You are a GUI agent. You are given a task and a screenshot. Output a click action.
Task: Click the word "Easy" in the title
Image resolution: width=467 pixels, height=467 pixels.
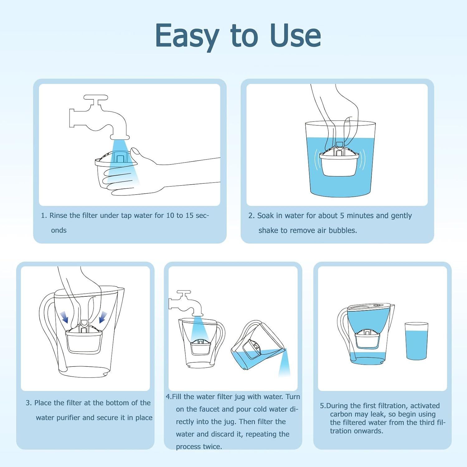coord(187,37)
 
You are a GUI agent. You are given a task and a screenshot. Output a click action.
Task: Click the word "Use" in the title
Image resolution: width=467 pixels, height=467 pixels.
coord(295,36)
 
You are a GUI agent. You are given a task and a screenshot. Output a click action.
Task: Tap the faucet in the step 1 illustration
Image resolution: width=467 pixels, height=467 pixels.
coord(100,118)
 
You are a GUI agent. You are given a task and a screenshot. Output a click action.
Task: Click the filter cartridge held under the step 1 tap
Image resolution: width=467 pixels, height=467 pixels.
coord(115,170)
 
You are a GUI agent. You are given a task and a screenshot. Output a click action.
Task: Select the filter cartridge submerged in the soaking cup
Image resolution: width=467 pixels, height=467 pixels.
coord(339,162)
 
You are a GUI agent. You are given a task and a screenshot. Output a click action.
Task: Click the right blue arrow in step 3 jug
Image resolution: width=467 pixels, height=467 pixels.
coord(102,317)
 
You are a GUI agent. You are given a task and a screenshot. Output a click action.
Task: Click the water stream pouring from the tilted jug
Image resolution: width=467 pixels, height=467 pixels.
coord(284,364)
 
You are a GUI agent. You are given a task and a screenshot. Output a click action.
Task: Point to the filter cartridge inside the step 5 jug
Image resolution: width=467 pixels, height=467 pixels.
coord(367,339)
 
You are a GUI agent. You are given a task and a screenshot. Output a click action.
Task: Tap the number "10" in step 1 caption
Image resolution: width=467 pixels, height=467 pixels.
coord(170,215)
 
